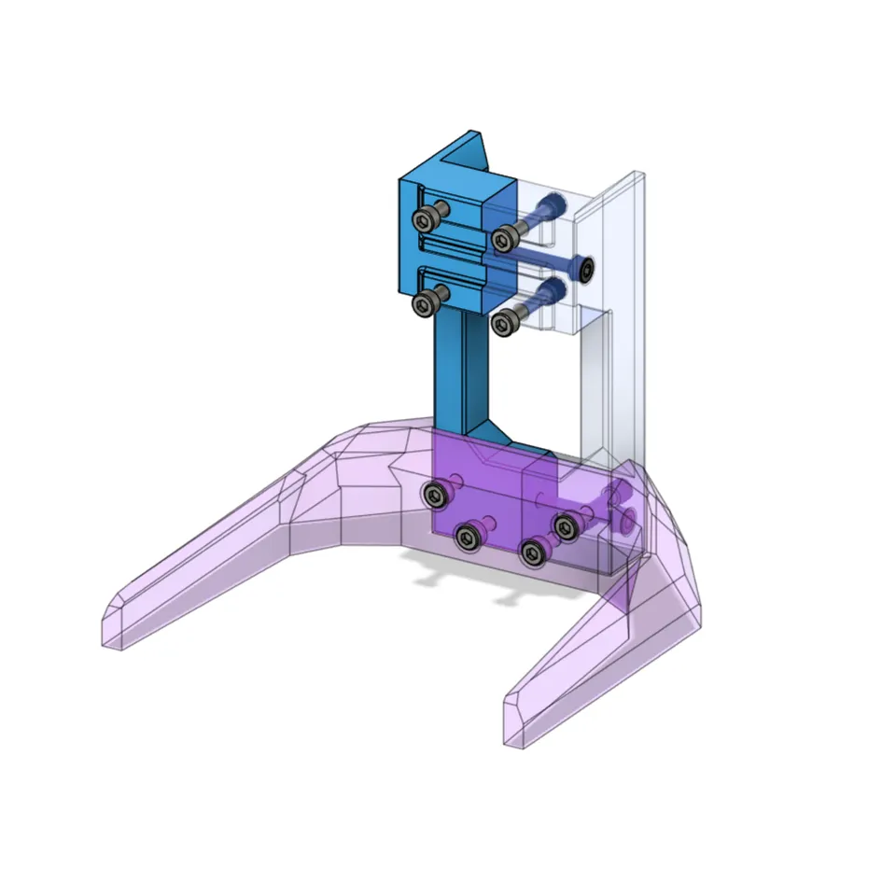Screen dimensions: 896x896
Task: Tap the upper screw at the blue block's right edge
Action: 506,239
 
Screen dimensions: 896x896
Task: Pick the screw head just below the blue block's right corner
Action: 504,323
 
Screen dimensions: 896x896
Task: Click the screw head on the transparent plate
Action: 585,272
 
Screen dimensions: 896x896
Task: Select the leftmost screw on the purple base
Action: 434,496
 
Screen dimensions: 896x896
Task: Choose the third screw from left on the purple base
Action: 533,553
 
